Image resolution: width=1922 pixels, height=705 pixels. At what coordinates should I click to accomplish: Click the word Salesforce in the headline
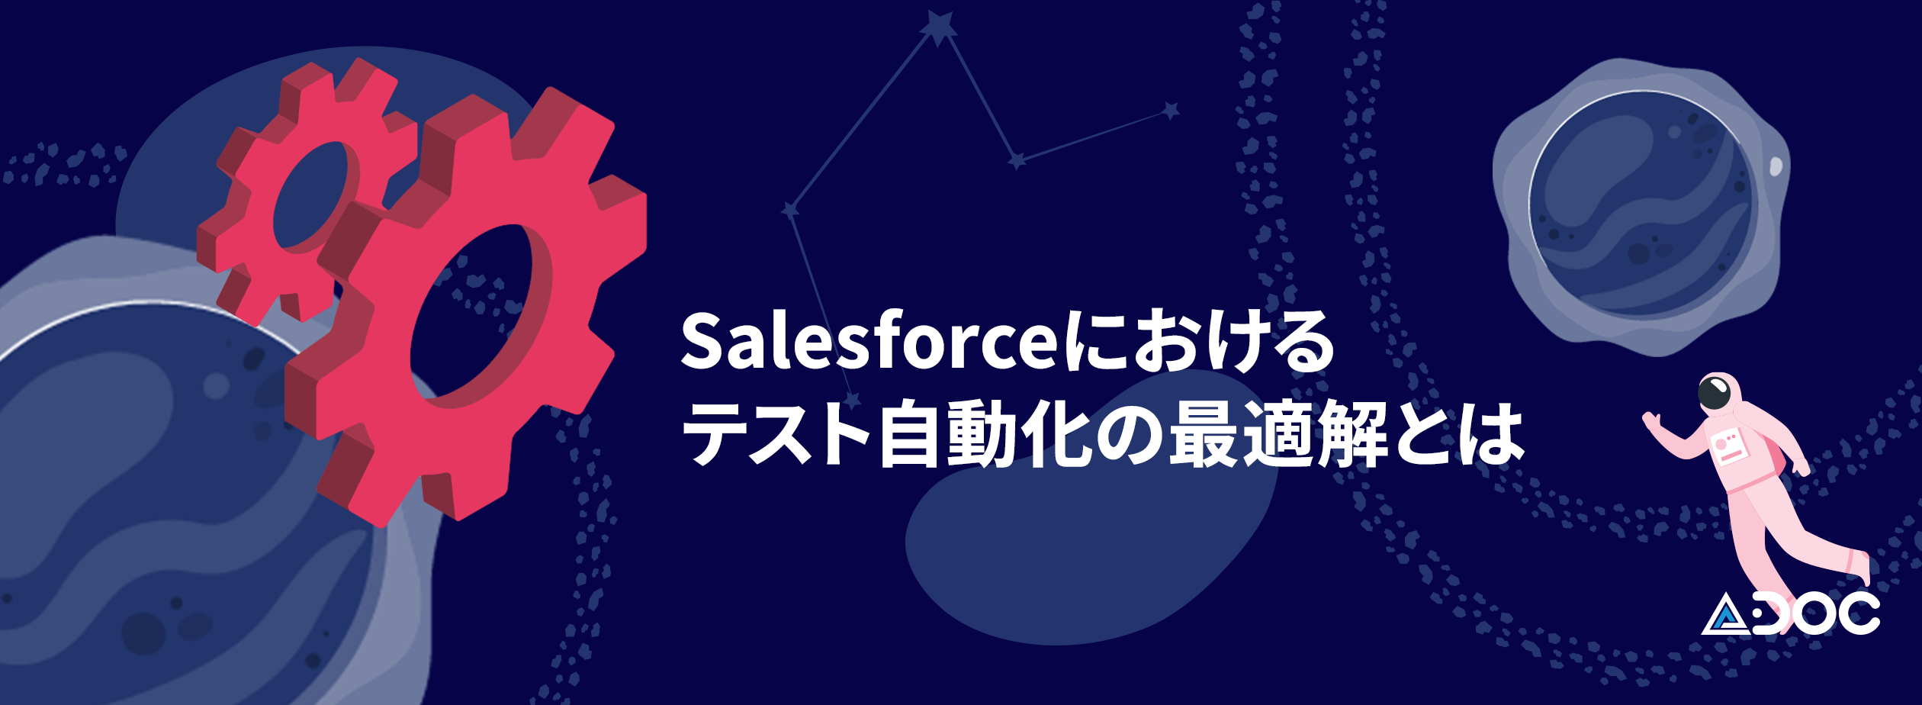pyautogui.click(x=869, y=341)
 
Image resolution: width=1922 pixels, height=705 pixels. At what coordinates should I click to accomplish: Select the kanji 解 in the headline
pyautogui.click(x=1354, y=433)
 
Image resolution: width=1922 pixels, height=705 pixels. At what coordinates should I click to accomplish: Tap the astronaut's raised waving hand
pyautogui.click(x=1652, y=421)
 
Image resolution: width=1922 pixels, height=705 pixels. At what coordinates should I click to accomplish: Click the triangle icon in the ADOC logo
pyautogui.click(x=1728, y=614)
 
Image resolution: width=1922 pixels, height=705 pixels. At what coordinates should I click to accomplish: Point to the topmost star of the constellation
pyautogui.click(x=939, y=27)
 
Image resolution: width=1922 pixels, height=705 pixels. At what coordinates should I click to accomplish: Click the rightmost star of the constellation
pyautogui.click(x=1171, y=111)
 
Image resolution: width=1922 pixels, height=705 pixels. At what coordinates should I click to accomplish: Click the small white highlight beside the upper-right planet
pyautogui.click(x=1776, y=166)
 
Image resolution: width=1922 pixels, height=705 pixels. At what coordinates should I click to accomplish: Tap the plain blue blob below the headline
pyautogui.click(x=1091, y=526)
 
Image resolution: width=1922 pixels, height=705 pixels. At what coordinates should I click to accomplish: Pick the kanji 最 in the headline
pyautogui.click(x=1204, y=433)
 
